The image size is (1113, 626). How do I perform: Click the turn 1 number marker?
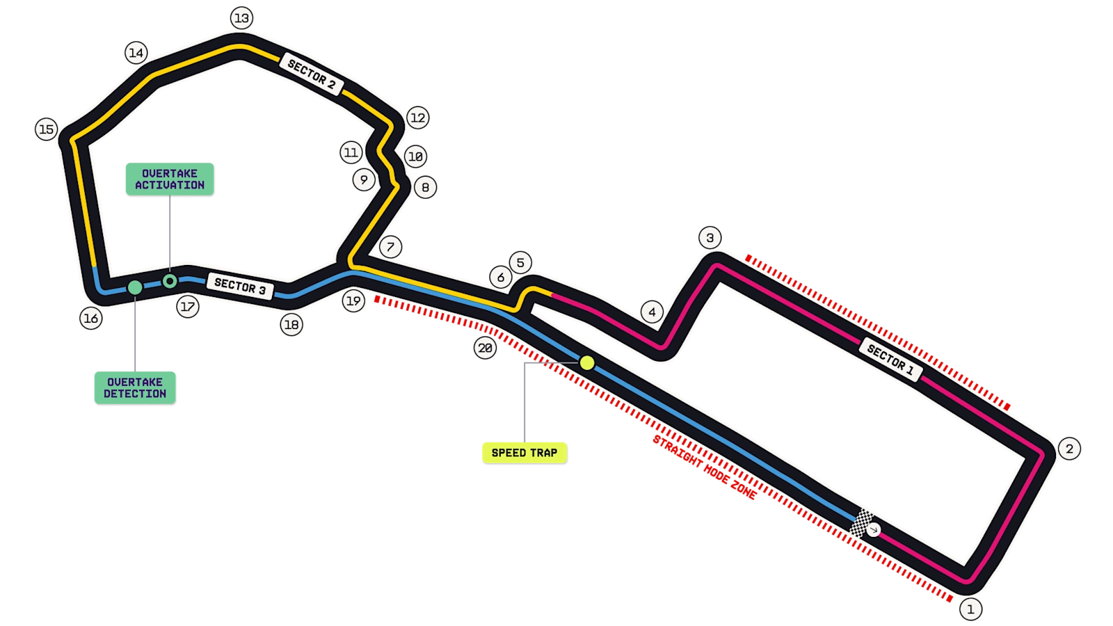tap(970, 609)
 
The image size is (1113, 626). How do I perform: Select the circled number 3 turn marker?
tap(710, 238)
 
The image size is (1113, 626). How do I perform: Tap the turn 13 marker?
tap(242, 18)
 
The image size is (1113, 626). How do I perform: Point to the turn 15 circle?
tap(46, 129)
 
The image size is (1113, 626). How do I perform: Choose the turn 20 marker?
tap(485, 348)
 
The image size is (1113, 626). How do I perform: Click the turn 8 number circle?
tap(425, 187)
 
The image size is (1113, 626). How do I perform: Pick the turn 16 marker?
tap(91, 319)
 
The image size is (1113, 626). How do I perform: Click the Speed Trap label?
tap(525, 453)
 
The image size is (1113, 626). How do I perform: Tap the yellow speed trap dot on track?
tap(587, 362)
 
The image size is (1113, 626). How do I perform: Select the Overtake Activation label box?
tap(170, 179)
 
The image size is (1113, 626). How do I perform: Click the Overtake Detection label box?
tap(135, 387)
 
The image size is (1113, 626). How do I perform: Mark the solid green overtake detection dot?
tap(135, 287)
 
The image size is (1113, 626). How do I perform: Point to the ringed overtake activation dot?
tap(170, 281)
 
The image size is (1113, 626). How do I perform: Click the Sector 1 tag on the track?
tap(890, 359)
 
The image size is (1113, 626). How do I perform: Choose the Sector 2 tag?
tap(312, 74)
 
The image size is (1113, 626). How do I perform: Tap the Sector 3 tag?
tap(241, 286)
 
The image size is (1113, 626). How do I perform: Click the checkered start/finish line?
tap(861, 522)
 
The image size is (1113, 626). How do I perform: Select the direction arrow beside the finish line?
tap(874, 530)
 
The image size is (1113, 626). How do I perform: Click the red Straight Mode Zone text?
tap(705, 467)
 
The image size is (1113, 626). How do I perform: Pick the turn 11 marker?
tap(351, 152)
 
